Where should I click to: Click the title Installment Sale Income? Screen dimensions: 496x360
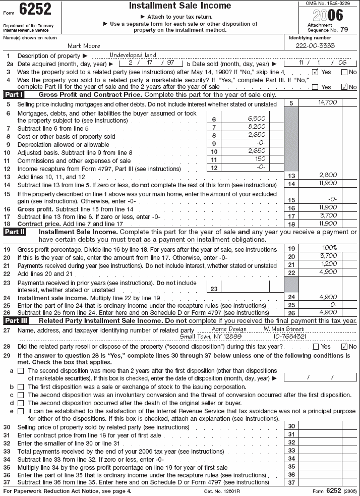pyautogui.click(x=180, y=6)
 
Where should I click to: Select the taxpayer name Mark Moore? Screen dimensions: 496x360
pyautogui.click(x=87, y=46)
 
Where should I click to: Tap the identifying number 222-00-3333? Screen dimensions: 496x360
pyautogui.click(x=315, y=46)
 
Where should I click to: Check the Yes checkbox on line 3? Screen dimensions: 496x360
pyautogui.click(x=315, y=72)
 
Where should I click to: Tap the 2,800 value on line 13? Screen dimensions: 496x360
pyautogui.click(x=328, y=175)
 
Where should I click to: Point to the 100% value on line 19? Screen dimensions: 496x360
pyautogui.click(x=328, y=248)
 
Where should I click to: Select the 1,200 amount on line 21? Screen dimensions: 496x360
pyautogui.click(x=328, y=263)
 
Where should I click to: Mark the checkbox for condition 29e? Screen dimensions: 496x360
pyautogui.click(x=21, y=411)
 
